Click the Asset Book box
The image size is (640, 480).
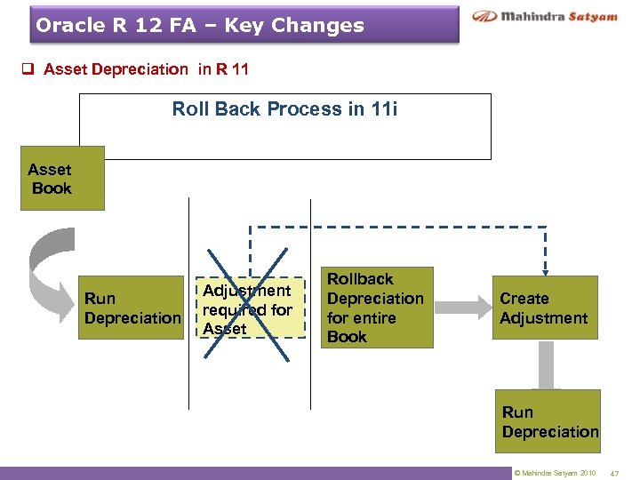[x=62, y=178]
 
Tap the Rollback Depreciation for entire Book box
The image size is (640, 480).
[x=376, y=308]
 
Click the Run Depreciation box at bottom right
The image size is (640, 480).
[x=549, y=421]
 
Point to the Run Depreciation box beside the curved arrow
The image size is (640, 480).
[x=132, y=308]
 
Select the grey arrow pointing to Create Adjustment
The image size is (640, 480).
[x=461, y=307]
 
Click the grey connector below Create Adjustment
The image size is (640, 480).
[x=547, y=364]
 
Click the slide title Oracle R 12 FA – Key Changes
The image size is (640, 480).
[x=200, y=25]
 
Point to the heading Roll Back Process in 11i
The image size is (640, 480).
[x=284, y=109]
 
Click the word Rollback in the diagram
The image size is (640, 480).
[x=359, y=279]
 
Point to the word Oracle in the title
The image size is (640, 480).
[x=68, y=25]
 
